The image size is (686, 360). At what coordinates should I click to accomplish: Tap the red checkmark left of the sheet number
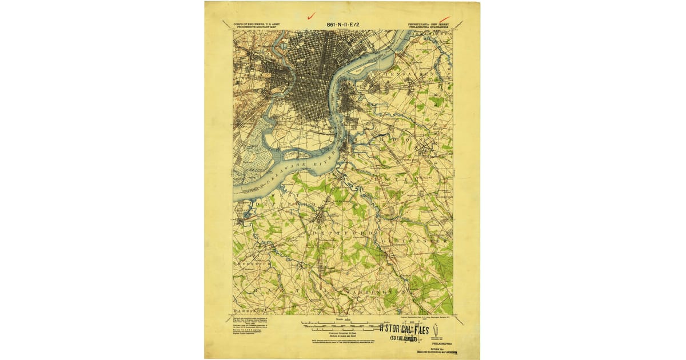pos(311,17)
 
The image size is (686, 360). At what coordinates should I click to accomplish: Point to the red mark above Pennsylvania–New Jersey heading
pos(444,20)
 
